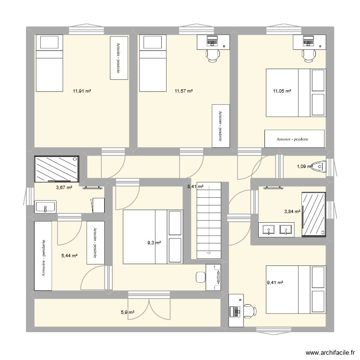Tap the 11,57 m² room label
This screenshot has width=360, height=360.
[184, 91]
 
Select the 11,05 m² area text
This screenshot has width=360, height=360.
[283, 91]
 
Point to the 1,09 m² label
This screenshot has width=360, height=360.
[304, 167]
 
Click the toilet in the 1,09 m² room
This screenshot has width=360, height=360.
[318, 167]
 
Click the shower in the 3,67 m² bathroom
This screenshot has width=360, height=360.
[56, 169]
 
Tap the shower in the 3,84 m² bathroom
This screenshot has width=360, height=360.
[314, 214]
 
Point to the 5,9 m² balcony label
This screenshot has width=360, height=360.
[127, 312]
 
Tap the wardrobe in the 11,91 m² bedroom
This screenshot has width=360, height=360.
[118, 59]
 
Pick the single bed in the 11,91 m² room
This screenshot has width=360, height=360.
[48, 63]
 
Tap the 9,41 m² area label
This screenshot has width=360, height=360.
[275, 283]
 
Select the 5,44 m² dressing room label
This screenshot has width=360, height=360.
[70, 256]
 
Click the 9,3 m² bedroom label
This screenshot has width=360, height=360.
[154, 243]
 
